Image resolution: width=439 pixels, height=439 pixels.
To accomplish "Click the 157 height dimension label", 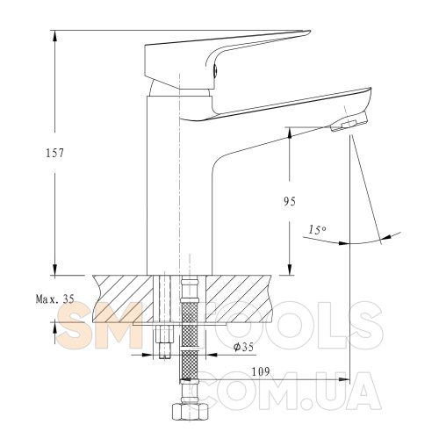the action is pos(54,153).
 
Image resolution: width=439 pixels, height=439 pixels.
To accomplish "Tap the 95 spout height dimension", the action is pos(290,202).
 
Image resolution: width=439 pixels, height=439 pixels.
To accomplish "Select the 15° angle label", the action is pos(317,229).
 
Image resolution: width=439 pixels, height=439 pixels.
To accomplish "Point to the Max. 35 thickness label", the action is pos(55,299).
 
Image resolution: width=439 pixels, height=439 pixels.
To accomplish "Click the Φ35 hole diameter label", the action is pos(243,347).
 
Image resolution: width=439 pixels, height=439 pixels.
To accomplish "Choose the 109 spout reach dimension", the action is pos(261,371).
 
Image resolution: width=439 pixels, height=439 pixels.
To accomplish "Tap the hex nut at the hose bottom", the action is pos(190,413).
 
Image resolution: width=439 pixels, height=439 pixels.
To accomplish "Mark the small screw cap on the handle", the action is pos(215,70).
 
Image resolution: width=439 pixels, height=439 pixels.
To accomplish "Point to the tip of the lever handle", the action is pos(310,31).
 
